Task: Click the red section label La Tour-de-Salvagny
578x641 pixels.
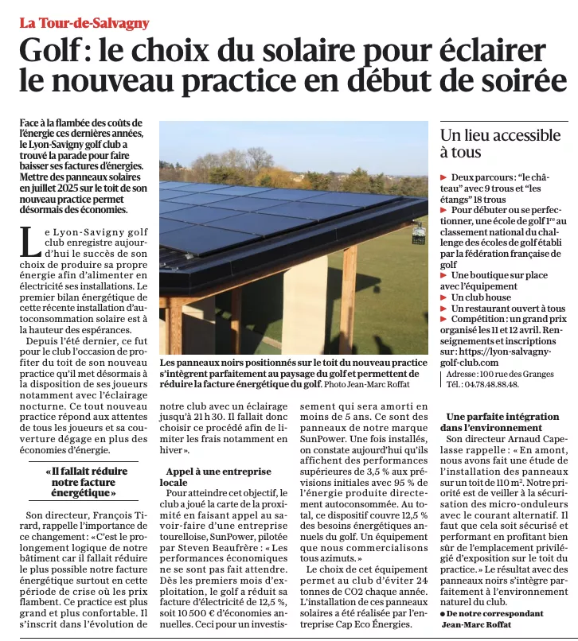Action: click(84, 23)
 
